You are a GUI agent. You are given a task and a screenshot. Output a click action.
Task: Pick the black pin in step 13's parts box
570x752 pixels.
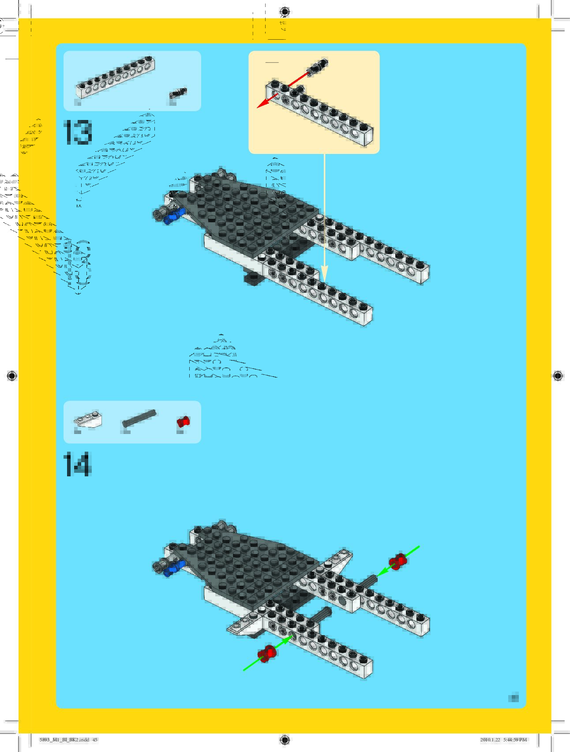(x=178, y=94)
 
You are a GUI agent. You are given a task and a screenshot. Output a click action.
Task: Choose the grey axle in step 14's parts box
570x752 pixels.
(x=139, y=418)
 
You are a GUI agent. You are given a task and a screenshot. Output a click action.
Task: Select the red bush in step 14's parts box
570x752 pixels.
(x=183, y=422)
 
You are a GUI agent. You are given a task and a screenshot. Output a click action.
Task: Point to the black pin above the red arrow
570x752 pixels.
(x=318, y=66)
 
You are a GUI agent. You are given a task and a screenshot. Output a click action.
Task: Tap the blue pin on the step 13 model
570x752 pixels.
(x=174, y=216)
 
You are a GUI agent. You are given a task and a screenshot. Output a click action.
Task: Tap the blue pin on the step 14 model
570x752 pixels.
(x=173, y=569)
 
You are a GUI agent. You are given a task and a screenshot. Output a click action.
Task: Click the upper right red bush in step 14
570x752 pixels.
(x=397, y=561)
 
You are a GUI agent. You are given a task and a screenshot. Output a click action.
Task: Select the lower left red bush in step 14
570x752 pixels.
(x=267, y=653)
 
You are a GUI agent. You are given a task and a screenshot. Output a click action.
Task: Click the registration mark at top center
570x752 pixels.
(x=285, y=11)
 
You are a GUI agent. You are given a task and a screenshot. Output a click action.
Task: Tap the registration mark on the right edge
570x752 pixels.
(x=558, y=376)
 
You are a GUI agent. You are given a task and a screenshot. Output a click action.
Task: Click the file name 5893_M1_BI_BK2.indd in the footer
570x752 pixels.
(x=64, y=740)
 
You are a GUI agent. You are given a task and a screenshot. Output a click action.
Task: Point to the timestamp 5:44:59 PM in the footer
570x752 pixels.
(x=515, y=740)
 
